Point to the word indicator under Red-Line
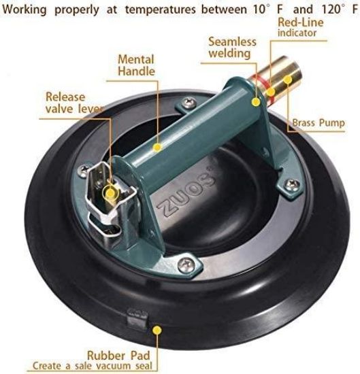pyautogui.click(x=298, y=33)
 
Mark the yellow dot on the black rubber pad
pyautogui.click(x=157, y=328)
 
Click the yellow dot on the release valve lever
pyautogui.click(x=109, y=192)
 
